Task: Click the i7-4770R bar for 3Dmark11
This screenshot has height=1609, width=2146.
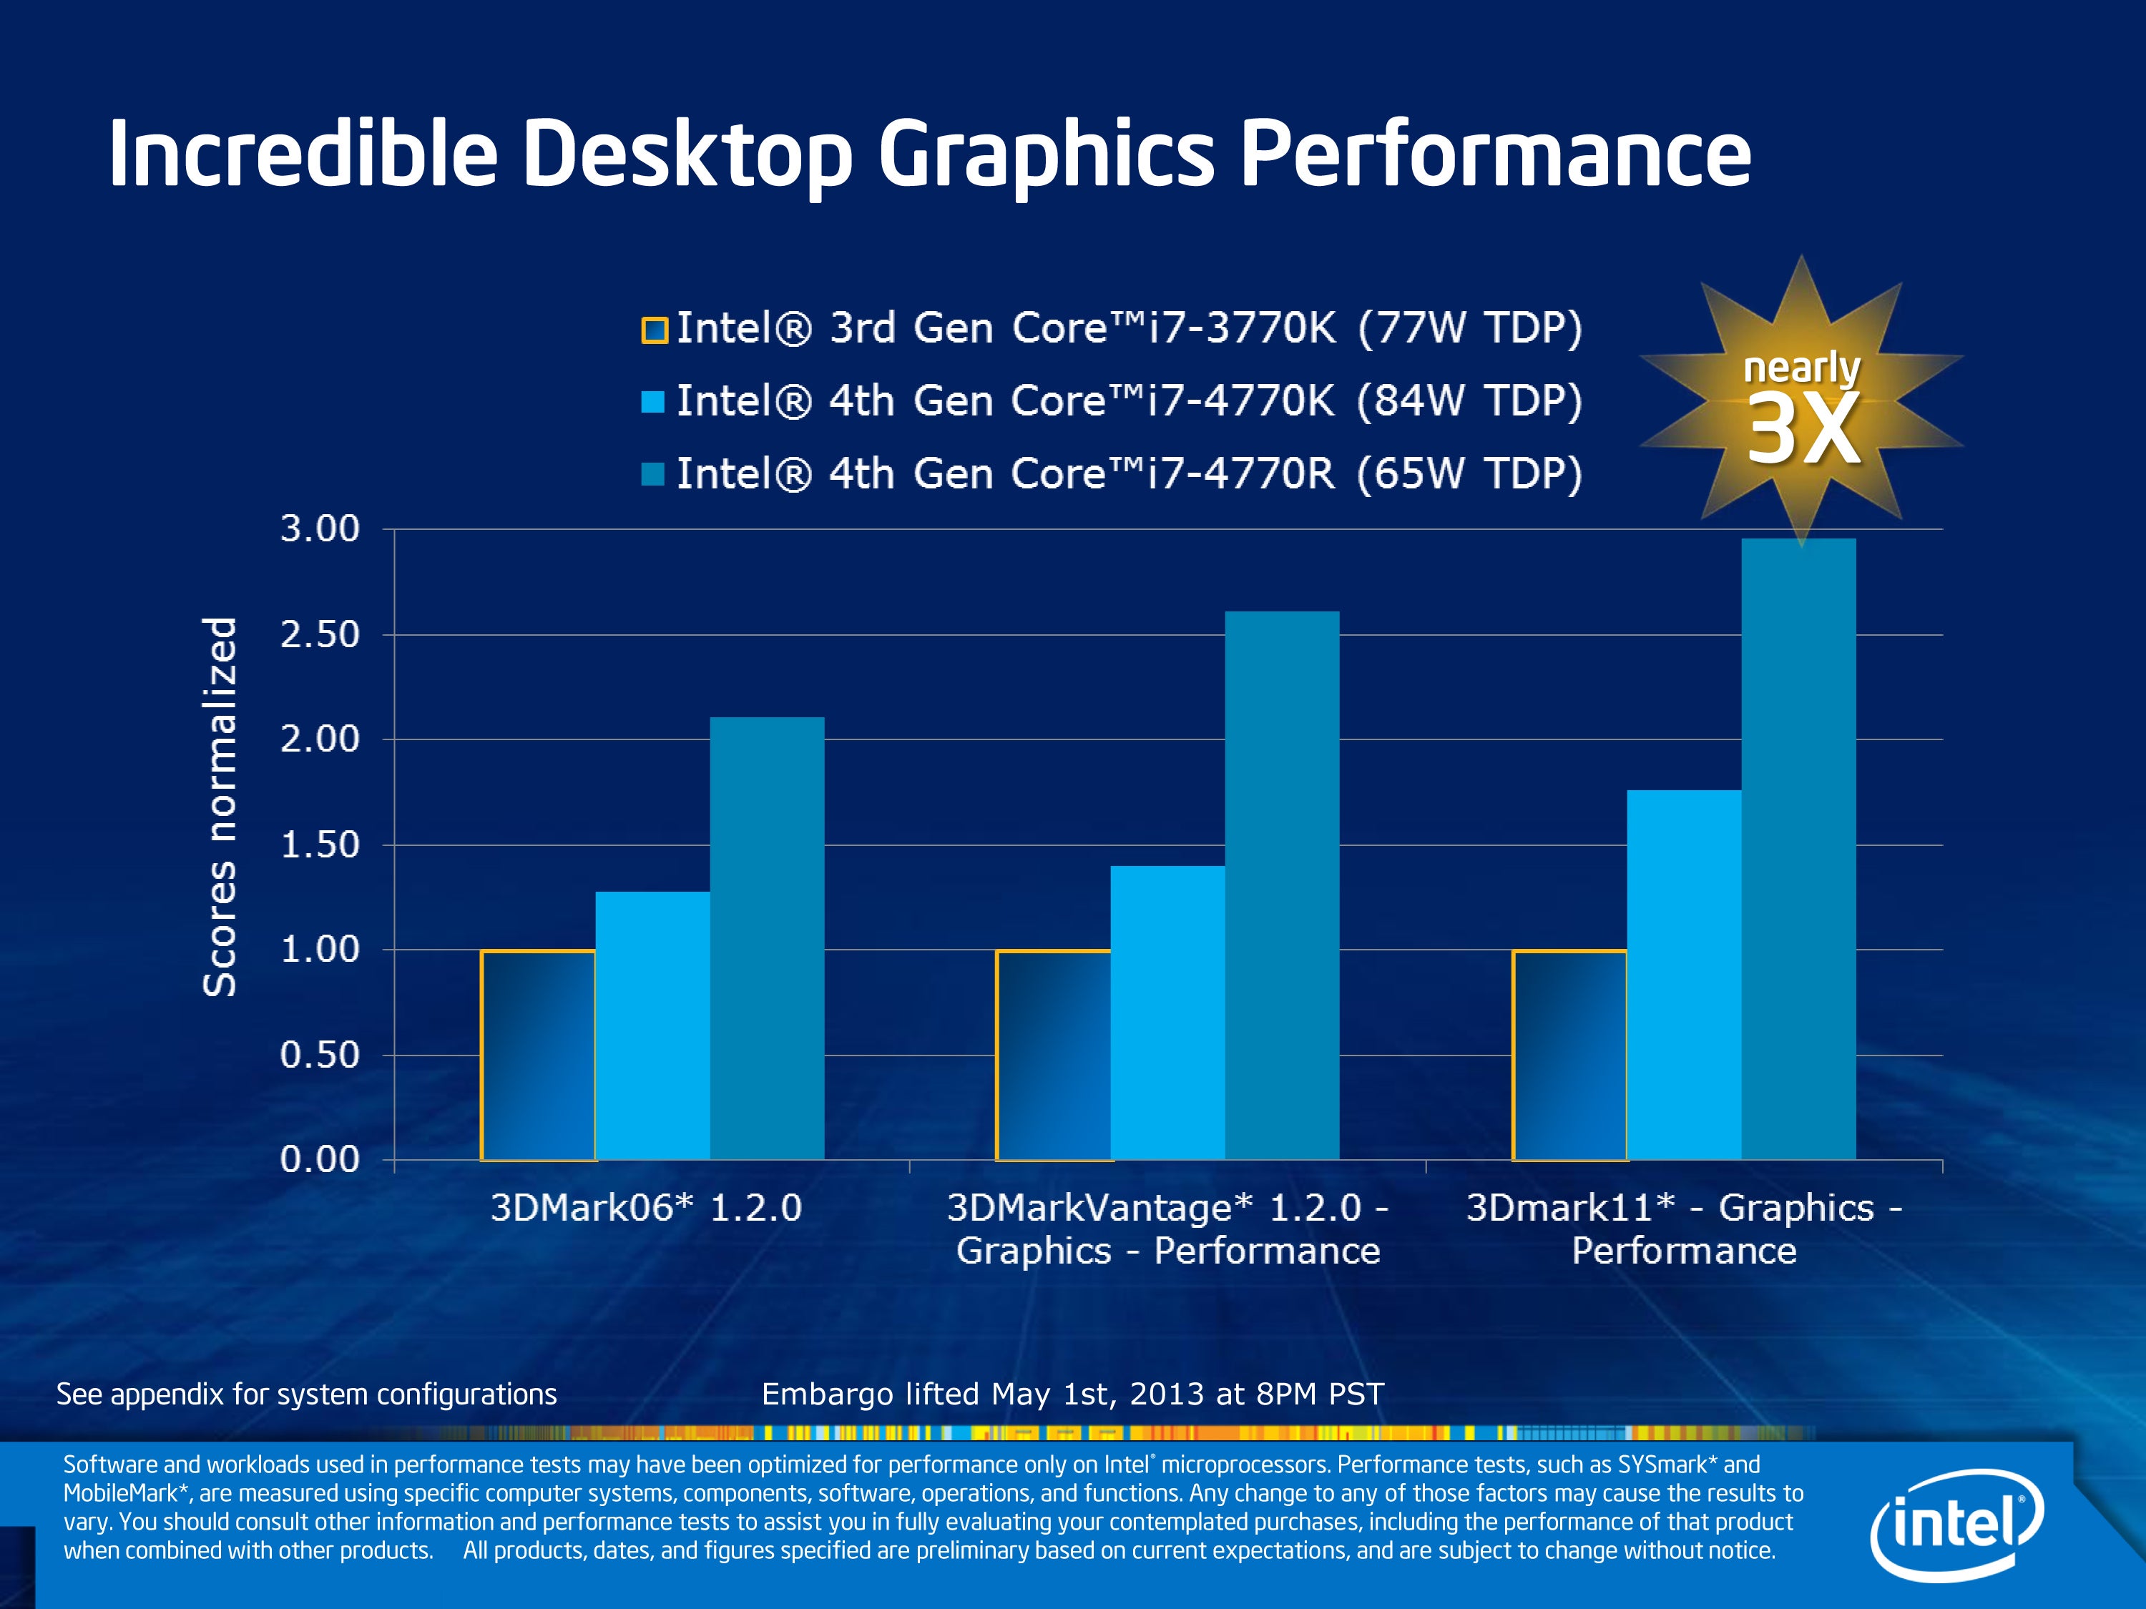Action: (1798, 849)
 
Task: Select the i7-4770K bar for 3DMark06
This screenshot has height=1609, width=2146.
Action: (652, 1025)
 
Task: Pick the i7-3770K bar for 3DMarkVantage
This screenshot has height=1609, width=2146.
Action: (1054, 1056)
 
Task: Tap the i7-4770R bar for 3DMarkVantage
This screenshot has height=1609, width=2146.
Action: (1282, 885)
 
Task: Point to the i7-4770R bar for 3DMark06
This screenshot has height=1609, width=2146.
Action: (766, 938)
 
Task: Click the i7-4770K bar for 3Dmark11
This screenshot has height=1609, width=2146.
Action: (1683, 975)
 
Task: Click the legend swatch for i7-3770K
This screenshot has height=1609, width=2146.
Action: (654, 330)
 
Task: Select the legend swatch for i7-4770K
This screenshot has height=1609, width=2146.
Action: (653, 401)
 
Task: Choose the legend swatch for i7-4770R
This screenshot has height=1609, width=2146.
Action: (653, 474)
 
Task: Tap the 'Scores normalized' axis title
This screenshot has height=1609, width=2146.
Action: (220, 806)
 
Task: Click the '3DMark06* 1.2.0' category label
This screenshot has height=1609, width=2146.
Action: (646, 1209)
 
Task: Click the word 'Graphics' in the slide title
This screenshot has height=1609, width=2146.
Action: (1046, 155)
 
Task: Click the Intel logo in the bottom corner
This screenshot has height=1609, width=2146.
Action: (1956, 1525)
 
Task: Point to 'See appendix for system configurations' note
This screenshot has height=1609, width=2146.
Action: (307, 1394)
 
